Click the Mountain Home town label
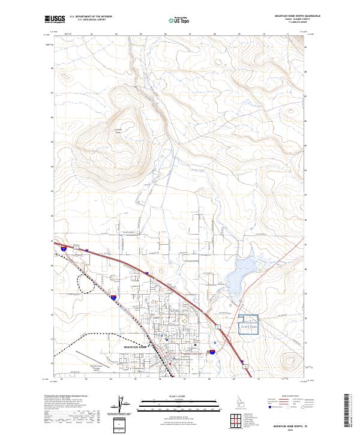click(x=136, y=347)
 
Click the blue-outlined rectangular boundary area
click(x=248, y=325)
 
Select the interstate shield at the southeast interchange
click(x=212, y=352)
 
